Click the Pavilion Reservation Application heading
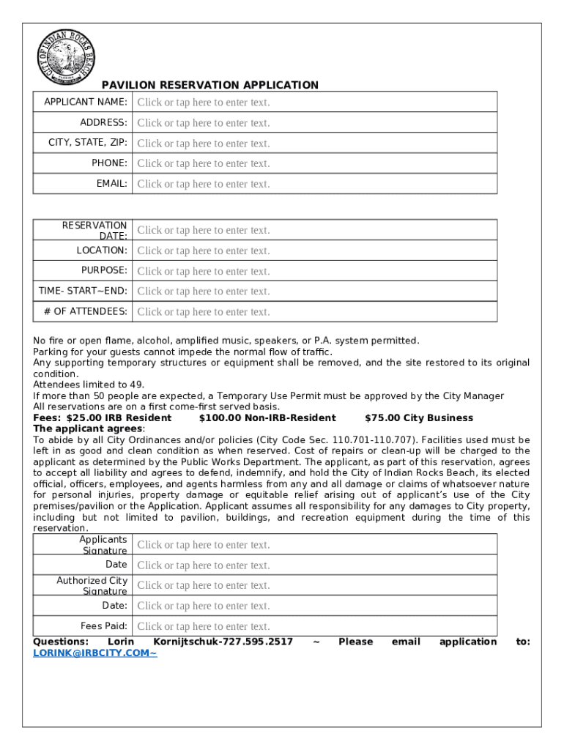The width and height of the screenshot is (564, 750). (209, 85)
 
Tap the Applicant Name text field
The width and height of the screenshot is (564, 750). (313, 103)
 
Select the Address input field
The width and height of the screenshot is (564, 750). (313, 123)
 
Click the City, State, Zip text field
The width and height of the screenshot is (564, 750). (313, 144)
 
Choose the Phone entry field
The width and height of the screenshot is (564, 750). (313, 163)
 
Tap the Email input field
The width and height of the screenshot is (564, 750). (313, 184)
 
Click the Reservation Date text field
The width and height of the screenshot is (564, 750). (313, 230)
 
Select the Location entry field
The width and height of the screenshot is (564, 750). (313, 250)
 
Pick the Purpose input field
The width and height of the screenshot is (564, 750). (313, 271)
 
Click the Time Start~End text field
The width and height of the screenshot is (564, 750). (313, 291)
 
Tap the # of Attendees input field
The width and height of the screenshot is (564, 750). (313, 311)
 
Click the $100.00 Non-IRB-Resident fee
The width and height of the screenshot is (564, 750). (267, 418)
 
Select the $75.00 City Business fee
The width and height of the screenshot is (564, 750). (418, 418)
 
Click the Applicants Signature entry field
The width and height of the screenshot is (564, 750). (313, 545)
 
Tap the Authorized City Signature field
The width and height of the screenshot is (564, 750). (313, 585)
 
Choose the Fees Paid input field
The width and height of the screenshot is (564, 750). (313, 626)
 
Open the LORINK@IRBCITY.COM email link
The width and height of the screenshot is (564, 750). (94, 653)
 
